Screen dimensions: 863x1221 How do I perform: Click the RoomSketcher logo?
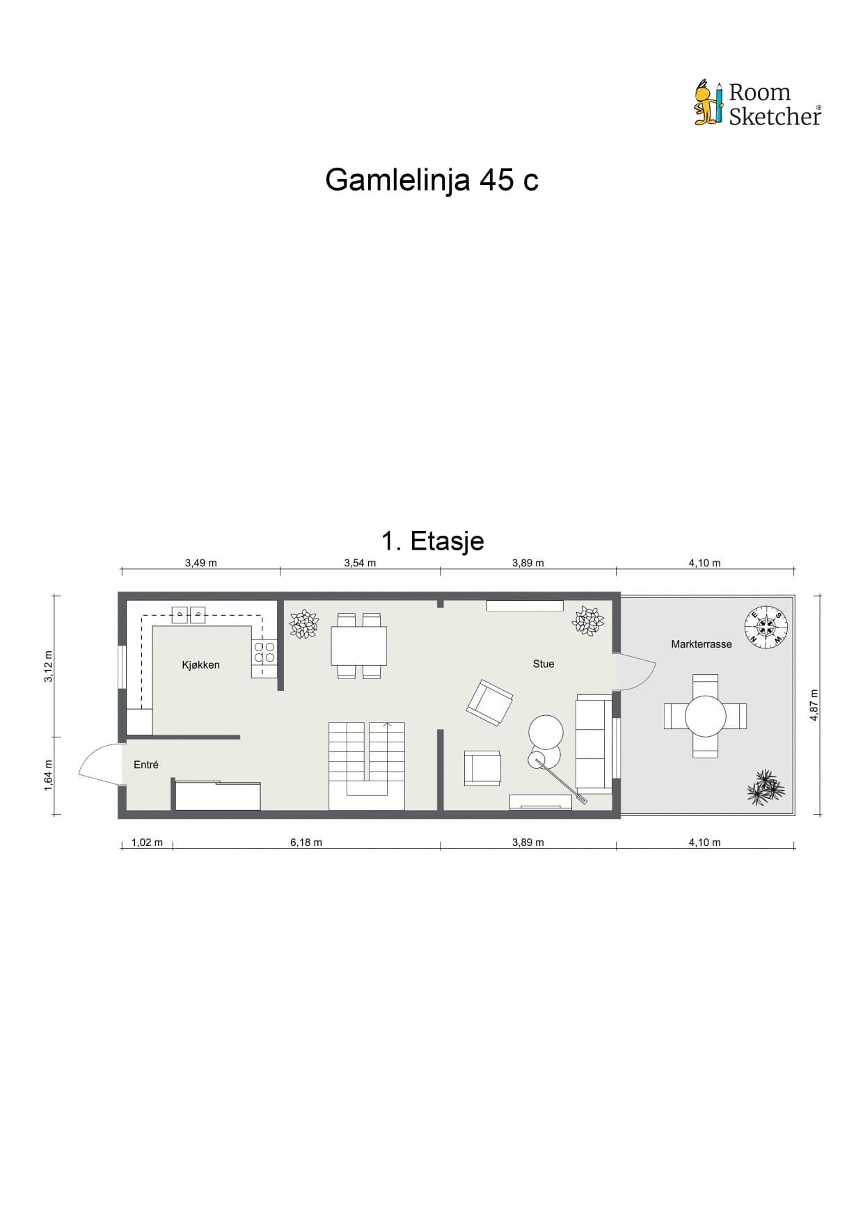(x=757, y=104)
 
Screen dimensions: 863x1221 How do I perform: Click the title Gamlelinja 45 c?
(x=431, y=180)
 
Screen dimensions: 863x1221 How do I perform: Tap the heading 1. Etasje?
(x=432, y=541)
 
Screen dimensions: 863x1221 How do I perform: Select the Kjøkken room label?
(x=200, y=665)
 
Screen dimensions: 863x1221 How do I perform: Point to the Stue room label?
(x=544, y=664)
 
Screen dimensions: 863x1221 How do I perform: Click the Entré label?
(x=146, y=765)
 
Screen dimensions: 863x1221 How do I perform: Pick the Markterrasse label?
(x=702, y=644)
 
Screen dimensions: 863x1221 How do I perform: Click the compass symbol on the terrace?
(x=766, y=626)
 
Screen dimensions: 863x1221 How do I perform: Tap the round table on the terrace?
(x=706, y=716)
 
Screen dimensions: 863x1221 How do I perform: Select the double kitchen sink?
(x=189, y=614)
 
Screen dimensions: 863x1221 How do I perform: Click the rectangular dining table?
(x=358, y=646)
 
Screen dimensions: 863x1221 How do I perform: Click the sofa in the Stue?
(x=594, y=744)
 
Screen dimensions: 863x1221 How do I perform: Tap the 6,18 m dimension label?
(x=306, y=843)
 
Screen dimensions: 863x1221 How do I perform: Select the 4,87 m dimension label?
(x=814, y=705)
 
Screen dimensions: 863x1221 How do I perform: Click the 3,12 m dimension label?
(x=49, y=667)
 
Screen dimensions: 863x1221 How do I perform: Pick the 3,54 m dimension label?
(x=360, y=563)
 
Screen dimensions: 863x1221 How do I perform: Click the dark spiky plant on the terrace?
(x=766, y=788)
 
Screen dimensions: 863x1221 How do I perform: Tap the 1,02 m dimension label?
(x=147, y=843)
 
